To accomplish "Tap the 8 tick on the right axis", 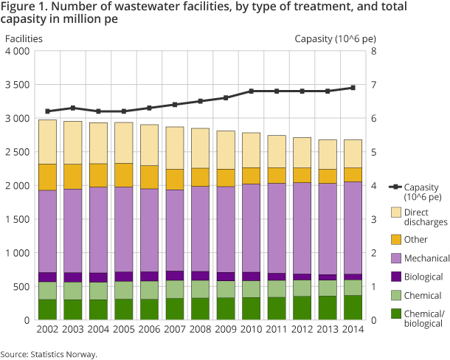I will (373, 52).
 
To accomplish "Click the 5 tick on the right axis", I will (373, 152).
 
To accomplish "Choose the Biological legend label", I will (423, 277).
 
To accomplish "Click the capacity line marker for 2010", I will (251, 91).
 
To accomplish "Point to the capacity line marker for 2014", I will (353, 88).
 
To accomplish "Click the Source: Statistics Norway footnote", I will (49, 354).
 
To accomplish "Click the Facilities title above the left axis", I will (24, 38).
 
